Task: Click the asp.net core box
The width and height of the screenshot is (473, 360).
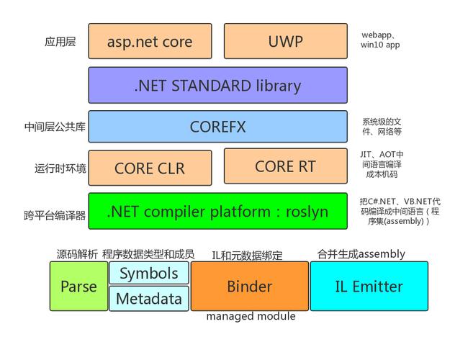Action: (x=150, y=41)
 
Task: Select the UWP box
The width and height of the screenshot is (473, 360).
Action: (x=285, y=41)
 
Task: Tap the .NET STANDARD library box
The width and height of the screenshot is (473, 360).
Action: (x=217, y=85)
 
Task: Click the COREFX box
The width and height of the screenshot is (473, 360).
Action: (x=217, y=127)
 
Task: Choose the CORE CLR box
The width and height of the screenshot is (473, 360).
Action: (x=150, y=168)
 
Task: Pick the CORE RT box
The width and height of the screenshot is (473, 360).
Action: (x=285, y=166)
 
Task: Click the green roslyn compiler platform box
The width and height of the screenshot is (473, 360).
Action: (x=217, y=211)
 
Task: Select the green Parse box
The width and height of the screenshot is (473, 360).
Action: (x=78, y=286)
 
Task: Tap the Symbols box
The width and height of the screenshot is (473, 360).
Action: (x=148, y=273)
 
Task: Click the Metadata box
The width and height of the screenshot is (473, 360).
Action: (x=148, y=298)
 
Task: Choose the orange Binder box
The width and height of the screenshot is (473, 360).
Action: (x=249, y=286)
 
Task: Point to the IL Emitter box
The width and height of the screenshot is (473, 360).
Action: (x=369, y=286)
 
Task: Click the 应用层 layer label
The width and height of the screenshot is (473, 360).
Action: (x=60, y=42)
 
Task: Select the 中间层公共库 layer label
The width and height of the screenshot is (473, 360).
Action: (x=55, y=127)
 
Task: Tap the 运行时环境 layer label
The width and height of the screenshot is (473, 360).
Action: (x=60, y=168)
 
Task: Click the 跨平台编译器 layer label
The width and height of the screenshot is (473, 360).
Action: (x=55, y=215)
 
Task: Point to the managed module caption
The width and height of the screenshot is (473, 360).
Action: (x=251, y=316)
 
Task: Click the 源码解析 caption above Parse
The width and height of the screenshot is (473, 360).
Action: (x=77, y=254)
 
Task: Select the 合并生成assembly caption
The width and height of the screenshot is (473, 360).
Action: (x=361, y=253)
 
